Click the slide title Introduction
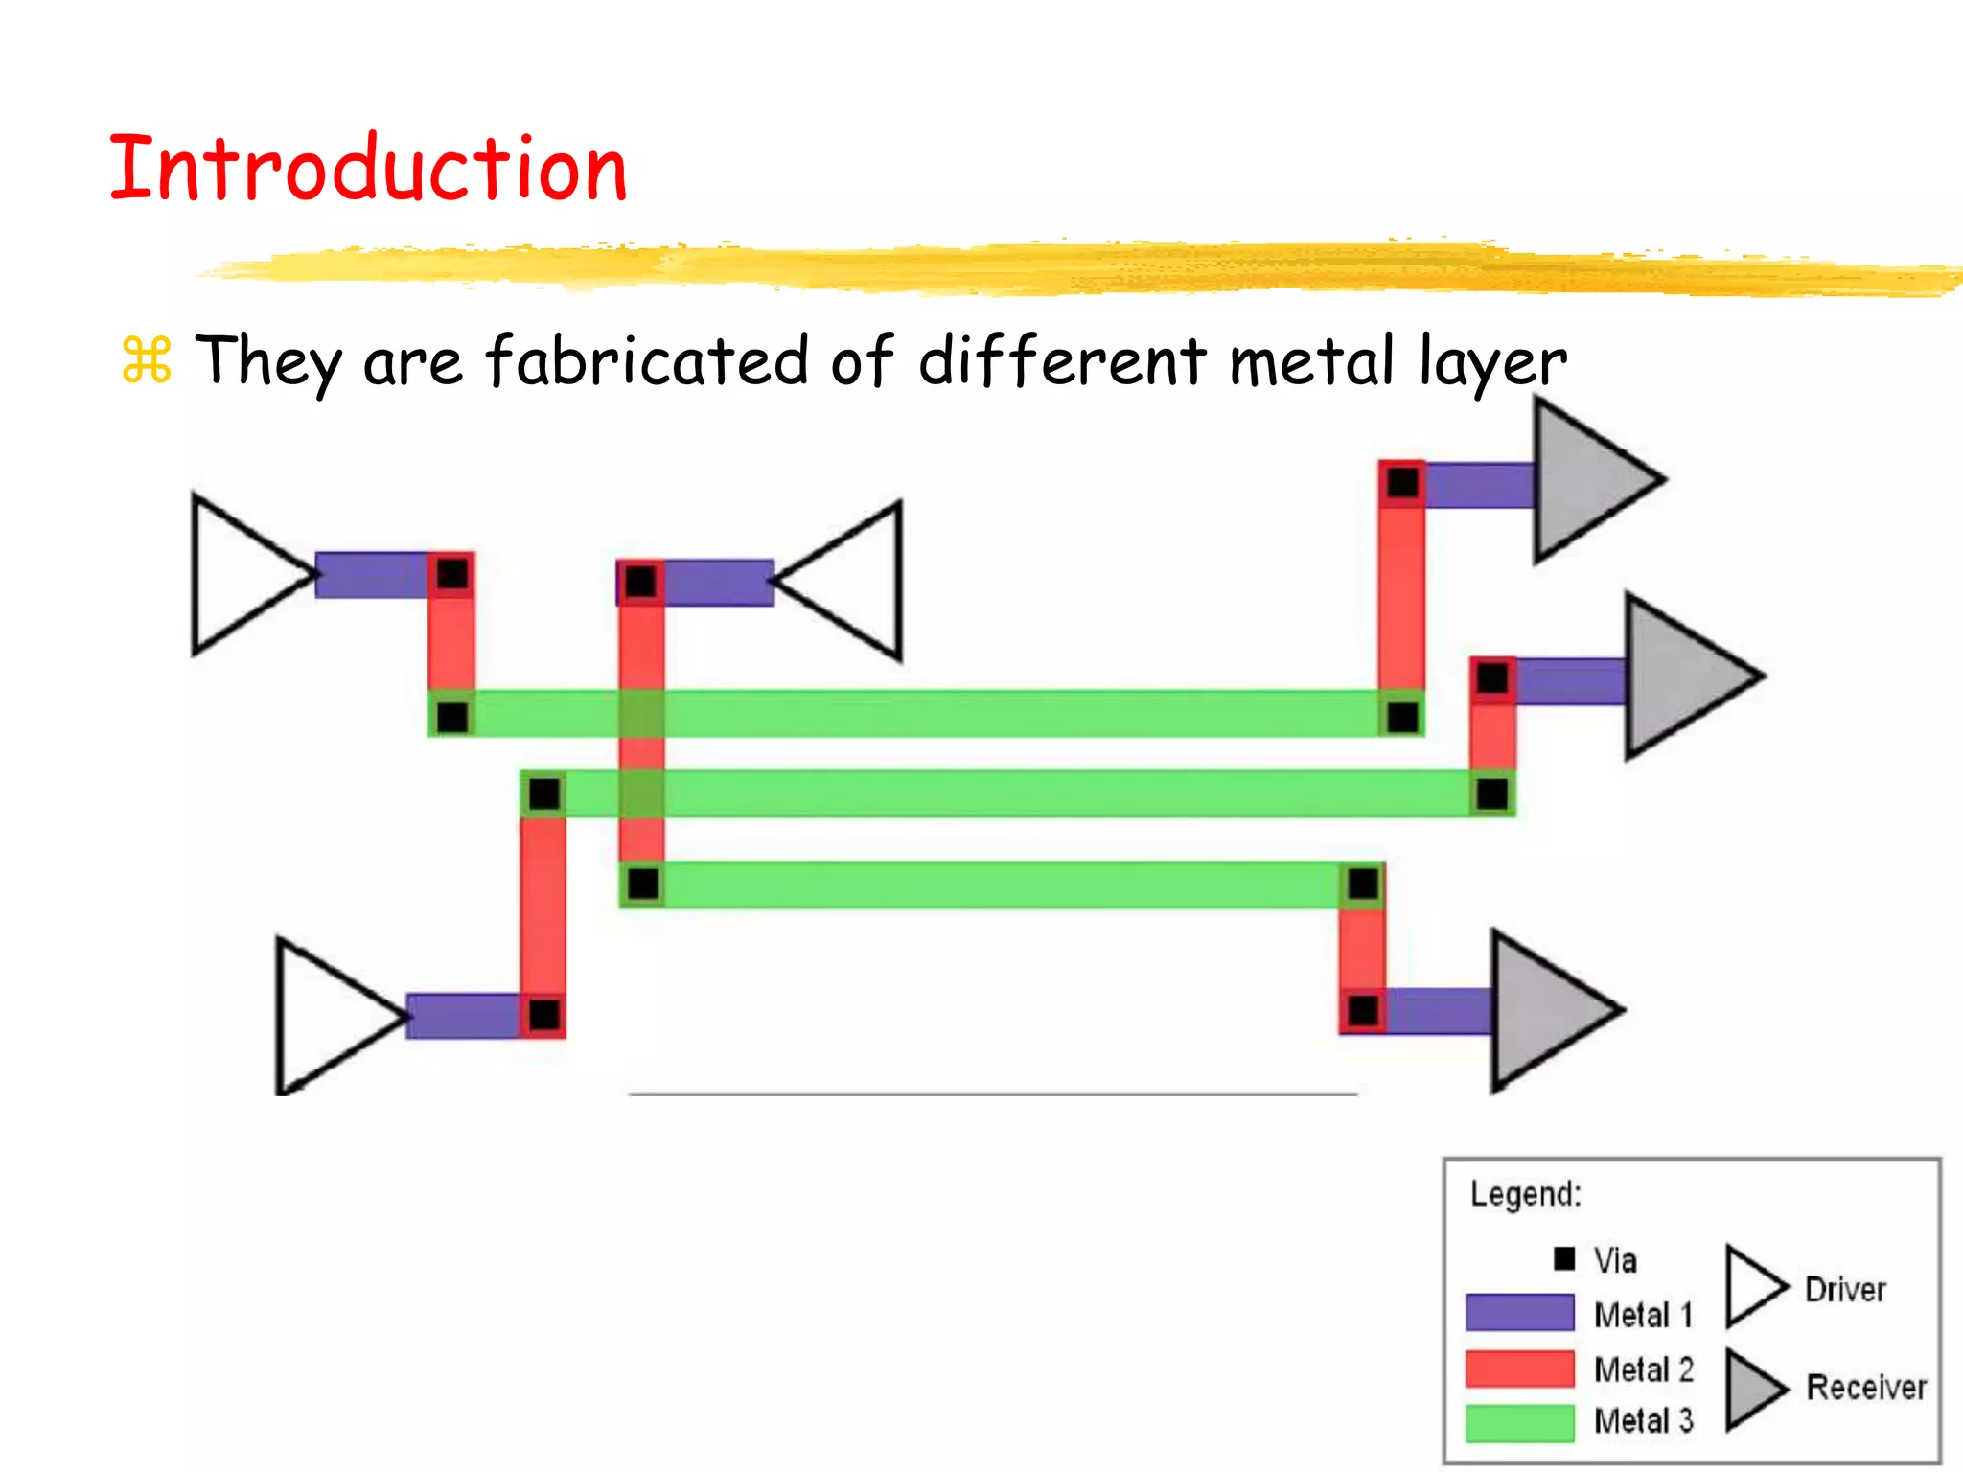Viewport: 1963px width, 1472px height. click(368, 169)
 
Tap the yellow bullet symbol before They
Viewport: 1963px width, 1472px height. click(147, 360)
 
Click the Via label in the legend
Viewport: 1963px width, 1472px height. click(1615, 1260)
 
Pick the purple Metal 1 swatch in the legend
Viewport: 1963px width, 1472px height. click(1519, 1312)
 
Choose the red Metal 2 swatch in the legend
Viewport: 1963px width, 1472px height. click(1519, 1368)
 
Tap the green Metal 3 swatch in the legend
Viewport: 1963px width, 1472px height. click(1519, 1422)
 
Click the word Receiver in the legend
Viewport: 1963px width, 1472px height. click(1866, 1387)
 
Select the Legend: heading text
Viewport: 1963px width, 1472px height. click(1526, 1194)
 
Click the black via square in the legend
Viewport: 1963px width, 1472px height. click(1564, 1258)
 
